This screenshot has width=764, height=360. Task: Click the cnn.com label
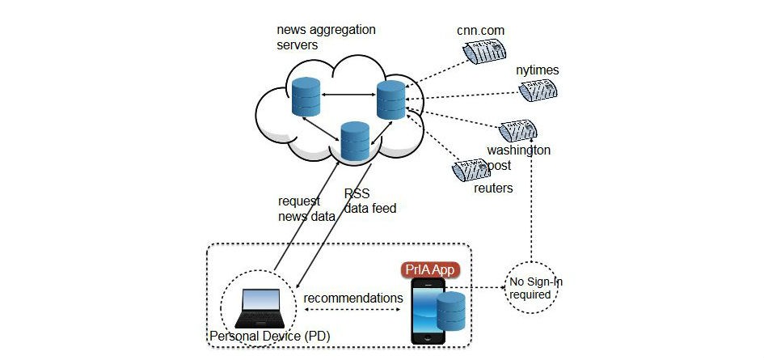point(480,30)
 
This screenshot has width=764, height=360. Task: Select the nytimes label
point(538,70)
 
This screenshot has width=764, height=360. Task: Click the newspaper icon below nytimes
point(538,91)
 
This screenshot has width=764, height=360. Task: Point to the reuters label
point(493,188)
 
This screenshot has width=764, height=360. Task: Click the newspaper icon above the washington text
point(517,129)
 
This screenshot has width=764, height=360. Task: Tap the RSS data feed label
point(369,201)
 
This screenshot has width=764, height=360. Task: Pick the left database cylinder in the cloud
point(307,95)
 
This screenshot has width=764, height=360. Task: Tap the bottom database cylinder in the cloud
point(355,140)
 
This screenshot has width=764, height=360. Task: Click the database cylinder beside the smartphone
point(450,315)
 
